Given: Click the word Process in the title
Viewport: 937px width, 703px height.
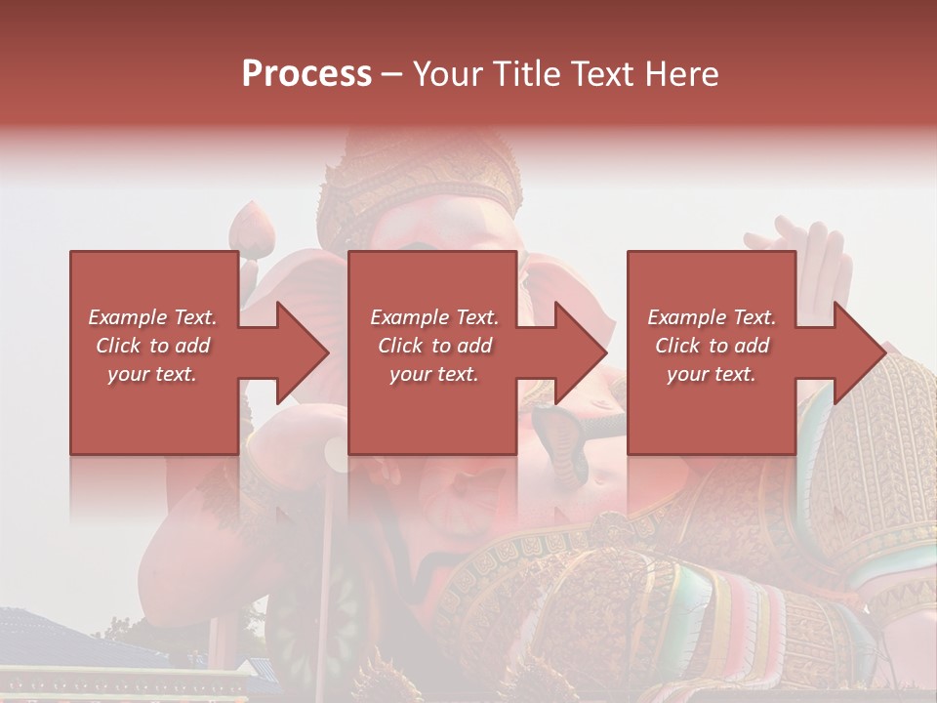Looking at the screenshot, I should tap(306, 74).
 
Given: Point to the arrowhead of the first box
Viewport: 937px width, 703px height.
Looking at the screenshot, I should tap(303, 352).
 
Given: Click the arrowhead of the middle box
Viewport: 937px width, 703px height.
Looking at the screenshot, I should tap(581, 352).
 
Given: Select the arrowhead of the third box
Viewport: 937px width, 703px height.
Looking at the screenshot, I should tap(859, 352).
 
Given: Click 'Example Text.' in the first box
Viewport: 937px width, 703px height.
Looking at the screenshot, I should tap(152, 317).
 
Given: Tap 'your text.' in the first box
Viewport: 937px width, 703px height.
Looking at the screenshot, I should tap(152, 374).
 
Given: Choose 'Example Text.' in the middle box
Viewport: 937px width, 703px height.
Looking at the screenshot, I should tap(434, 317).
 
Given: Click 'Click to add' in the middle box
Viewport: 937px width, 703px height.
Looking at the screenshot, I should tap(434, 346).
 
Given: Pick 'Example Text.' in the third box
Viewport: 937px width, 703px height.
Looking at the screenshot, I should tap(712, 317).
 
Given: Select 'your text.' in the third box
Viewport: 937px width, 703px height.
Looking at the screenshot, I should tap(712, 374).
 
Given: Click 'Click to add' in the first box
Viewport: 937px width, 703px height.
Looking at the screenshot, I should tap(152, 346).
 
